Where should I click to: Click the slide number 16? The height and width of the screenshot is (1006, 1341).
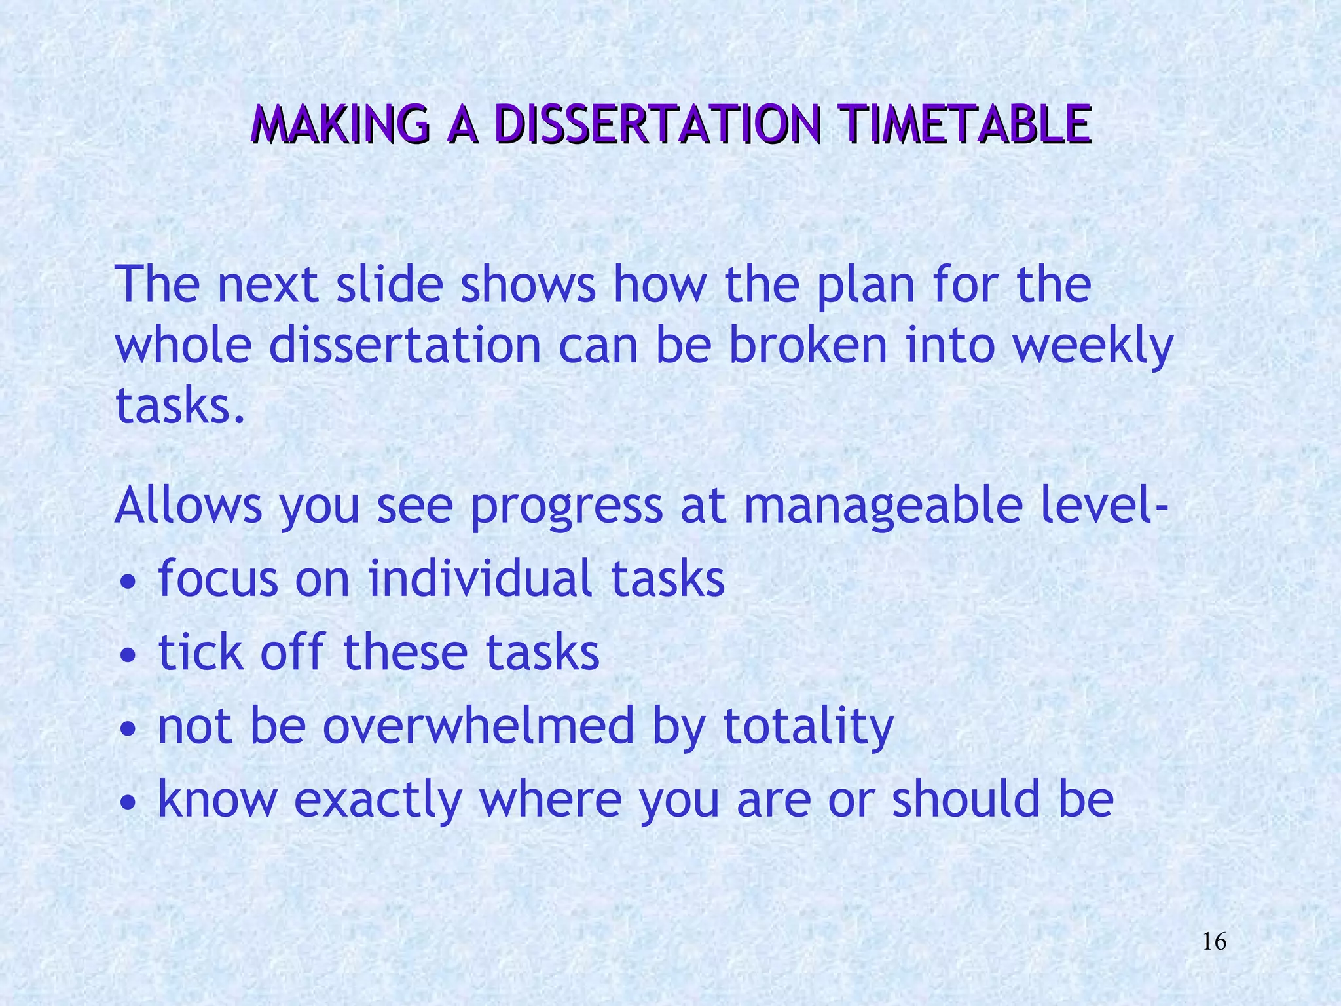pos(1215,942)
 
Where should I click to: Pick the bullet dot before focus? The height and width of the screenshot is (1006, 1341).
pos(130,582)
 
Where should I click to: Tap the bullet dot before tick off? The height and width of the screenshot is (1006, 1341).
pos(130,655)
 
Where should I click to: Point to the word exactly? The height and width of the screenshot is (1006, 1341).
pos(378,802)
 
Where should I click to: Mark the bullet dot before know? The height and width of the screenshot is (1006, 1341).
pos(130,802)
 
